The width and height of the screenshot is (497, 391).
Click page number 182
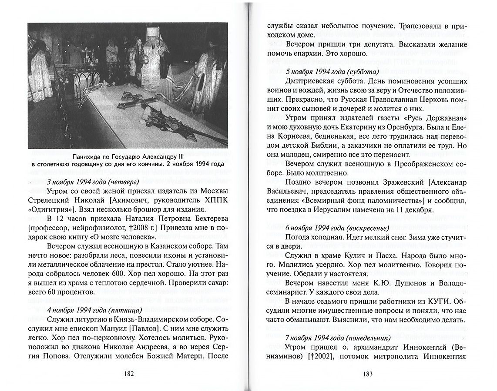click(128, 373)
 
